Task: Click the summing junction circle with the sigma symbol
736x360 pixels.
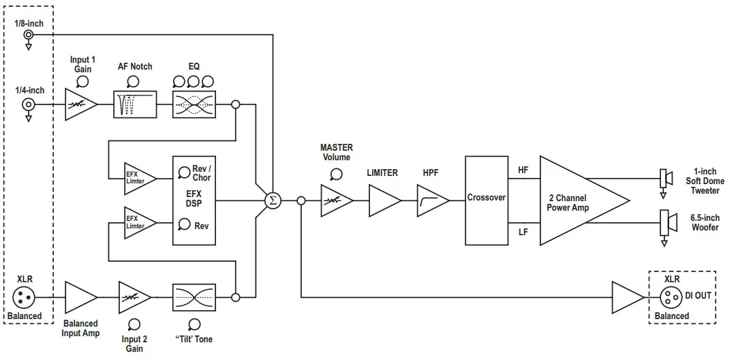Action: (x=273, y=200)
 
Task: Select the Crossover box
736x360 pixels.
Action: (x=487, y=200)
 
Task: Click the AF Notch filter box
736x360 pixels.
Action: (x=134, y=105)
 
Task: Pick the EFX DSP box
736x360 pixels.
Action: (x=194, y=200)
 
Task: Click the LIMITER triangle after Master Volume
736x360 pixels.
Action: (x=383, y=200)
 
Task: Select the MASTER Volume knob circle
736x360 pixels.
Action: (x=335, y=174)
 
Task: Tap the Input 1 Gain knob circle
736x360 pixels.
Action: (x=82, y=82)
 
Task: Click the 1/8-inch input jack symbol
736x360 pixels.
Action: (x=29, y=35)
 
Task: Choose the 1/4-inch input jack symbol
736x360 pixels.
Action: (x=29, y=104)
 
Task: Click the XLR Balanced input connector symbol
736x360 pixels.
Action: (x=25, y=297)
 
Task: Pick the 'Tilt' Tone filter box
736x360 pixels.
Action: (x=194, y=297)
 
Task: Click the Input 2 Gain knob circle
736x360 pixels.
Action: (x=134, y=325)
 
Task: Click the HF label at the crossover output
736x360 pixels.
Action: (x=523, y=170)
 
